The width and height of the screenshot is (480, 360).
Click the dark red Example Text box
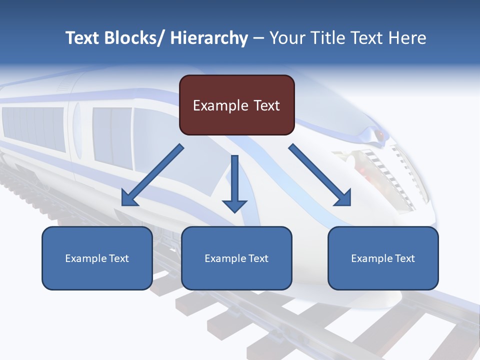236,105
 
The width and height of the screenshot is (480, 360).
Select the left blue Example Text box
97,258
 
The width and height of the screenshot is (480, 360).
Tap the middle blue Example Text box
236,258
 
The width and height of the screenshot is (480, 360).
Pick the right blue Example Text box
383,258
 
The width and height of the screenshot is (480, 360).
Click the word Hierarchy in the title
209,38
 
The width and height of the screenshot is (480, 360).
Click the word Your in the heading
287,38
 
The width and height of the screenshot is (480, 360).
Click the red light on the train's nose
380,135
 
